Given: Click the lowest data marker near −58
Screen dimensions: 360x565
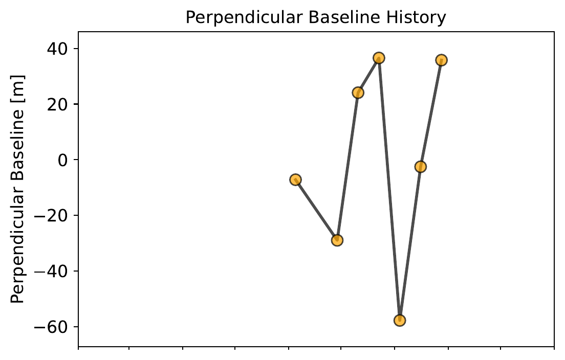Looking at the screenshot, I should tap(400, 321).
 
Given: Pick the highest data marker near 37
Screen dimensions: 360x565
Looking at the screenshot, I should tap(379, 58).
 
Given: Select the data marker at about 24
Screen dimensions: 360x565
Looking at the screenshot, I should tap(358, 93).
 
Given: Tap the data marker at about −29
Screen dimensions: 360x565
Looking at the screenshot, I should tap(337, 240).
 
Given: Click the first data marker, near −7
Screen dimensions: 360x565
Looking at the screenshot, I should tap(295, 179).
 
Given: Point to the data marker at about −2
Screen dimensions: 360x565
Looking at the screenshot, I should tap(421, 167).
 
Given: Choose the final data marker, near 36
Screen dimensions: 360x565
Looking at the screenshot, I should tap(441, 60).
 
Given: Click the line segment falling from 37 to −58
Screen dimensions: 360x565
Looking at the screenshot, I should tap(389, 189).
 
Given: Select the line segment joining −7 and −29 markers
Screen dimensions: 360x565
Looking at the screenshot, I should tap(316, 210).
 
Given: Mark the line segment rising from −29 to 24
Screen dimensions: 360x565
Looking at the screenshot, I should tap(347, 166).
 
